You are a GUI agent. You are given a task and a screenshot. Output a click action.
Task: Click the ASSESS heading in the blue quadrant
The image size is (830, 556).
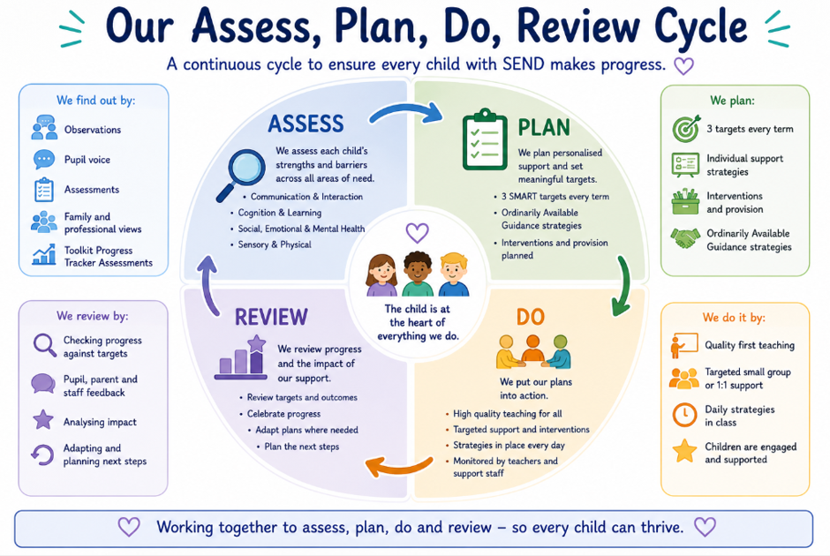(x=306, y=124)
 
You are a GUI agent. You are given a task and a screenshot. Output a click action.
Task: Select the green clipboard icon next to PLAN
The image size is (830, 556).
(x=485, y=139)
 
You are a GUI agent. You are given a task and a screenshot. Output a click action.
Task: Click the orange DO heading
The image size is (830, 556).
(x=531, y=317)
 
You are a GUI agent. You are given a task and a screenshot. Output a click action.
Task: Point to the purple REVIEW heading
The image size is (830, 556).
(x=271, y=318)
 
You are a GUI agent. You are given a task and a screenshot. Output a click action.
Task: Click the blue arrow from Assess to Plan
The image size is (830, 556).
(x=406, y=111)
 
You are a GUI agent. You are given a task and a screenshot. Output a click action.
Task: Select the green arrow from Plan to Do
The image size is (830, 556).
(x=623, y=286)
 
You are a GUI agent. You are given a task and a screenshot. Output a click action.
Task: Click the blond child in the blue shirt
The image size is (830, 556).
(x=454, y=274)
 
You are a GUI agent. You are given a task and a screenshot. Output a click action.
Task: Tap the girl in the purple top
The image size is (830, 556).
(x=381, y=275)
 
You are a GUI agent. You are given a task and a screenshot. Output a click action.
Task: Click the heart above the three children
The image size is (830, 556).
(x=417, y=232)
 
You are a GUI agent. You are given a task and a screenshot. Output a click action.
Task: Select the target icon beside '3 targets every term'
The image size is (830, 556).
(x=686, y=129)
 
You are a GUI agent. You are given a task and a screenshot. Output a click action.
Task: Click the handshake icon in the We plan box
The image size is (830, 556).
(x=685, y=238)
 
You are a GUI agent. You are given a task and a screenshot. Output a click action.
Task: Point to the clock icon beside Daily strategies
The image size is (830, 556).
(x=684, y=415)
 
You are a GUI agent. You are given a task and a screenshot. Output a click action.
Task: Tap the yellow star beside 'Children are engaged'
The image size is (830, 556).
(x=684, y=451)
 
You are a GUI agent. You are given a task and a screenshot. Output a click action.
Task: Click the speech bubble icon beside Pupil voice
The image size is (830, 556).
(x=44, y=159)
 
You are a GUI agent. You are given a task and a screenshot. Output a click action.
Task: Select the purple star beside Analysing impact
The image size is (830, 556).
(x=43, y=419)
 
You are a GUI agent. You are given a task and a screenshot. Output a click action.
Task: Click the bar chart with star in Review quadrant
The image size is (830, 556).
(x=241, y=357)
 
